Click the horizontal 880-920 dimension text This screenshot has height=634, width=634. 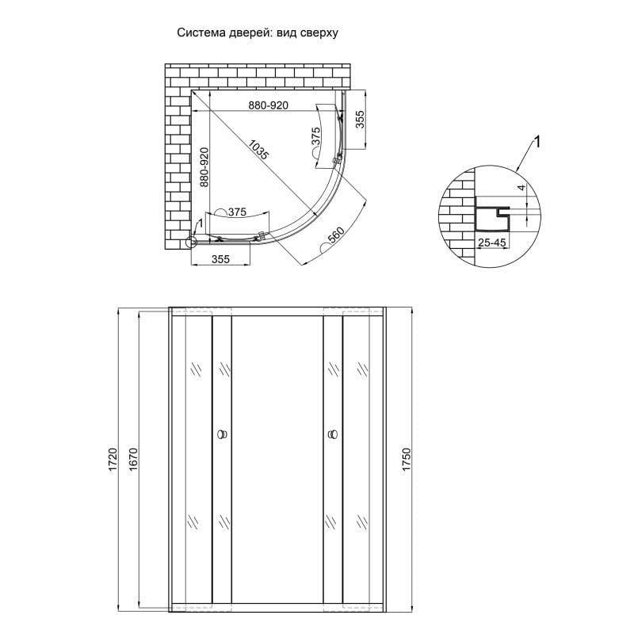(267, 105)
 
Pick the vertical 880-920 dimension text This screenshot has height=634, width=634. (204, 167)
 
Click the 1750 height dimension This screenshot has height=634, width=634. (408, 460)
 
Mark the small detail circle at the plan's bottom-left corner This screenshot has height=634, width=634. (191, 243)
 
